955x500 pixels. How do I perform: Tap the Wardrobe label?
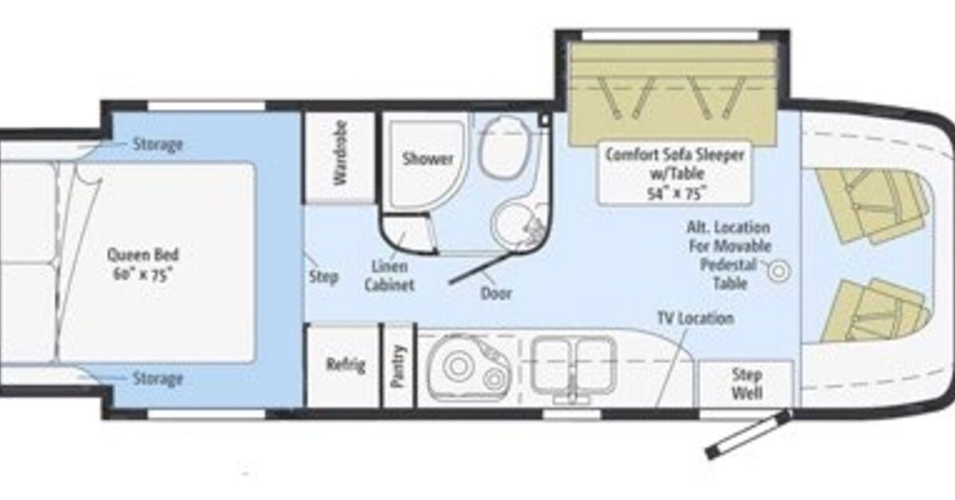[x=341, y=153]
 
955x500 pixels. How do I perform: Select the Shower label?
[x=427, y=159]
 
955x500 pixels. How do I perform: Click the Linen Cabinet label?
[x=389, y=275]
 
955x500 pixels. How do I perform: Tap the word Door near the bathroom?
[x=496, y=294]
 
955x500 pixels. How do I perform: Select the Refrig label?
[x=345, y=365]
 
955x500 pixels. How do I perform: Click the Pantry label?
[x=397, y=366]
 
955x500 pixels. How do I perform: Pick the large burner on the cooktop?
[x=458, y=366]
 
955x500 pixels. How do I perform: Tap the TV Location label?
[x=696, y=318]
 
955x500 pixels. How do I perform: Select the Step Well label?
[x=746, y=384]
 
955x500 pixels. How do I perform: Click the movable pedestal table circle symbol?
[x=779, y=271]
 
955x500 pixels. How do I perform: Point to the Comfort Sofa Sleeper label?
[x=675, y=155]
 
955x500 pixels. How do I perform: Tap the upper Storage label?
[x=158, y=144]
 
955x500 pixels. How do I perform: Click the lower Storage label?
[x=158, y=379]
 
